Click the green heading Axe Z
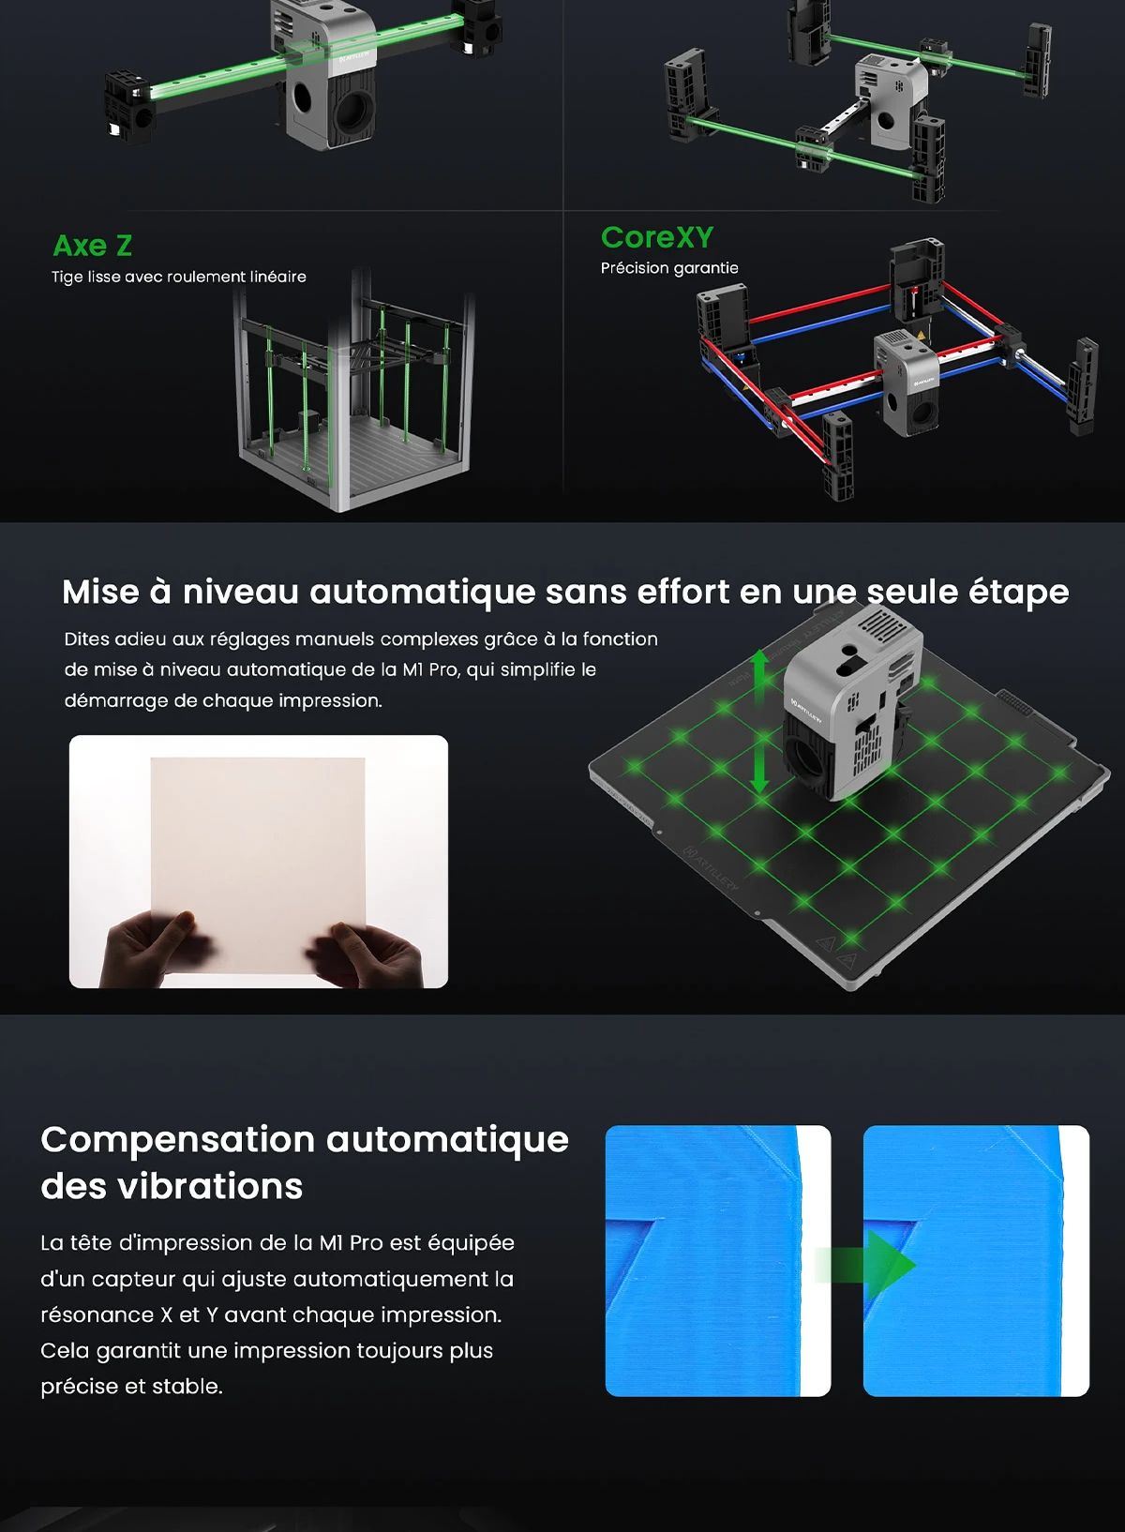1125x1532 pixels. pos(92,246)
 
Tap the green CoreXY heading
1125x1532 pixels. pos(656,237)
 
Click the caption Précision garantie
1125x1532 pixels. pos(669,268)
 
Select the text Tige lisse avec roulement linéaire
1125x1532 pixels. pos(178,277)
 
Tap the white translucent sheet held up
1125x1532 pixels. pos(258,844)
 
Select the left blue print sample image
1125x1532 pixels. pos(717,1261)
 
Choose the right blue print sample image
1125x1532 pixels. pos(976,1261)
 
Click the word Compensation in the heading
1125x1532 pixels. pos(178,1140)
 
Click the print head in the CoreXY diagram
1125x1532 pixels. pos(906,380)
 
